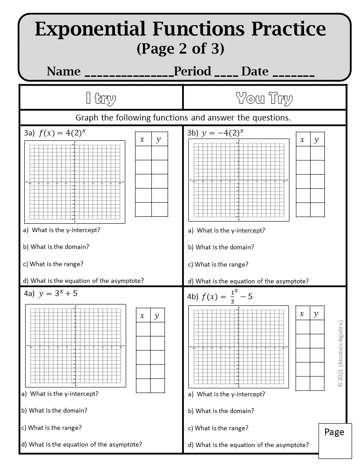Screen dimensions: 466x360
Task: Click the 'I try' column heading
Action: (101, 98)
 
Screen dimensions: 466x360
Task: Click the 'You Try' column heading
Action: (264, 98)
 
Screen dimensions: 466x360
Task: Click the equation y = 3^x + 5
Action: (58, 293)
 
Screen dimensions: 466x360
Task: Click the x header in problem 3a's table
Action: (142, 139)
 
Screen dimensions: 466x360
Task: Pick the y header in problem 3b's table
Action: (316, 140)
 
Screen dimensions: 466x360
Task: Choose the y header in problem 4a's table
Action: (157, 316)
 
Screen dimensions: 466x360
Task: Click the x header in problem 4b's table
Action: (302, 314)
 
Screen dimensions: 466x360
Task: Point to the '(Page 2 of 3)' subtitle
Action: (180, 48)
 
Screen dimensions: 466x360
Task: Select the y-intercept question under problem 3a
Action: (64, 230)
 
